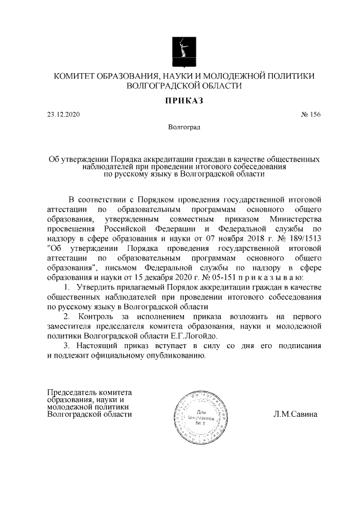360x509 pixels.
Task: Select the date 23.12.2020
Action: pos(65,115)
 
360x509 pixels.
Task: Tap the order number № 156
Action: pos(310,115)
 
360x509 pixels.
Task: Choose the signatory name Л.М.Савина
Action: pos(295,415)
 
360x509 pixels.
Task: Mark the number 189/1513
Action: pos(303,238)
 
